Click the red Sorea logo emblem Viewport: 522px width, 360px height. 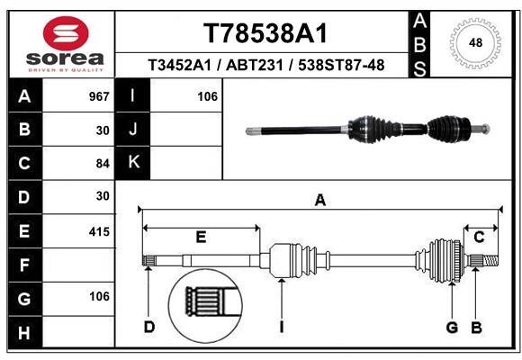tap(66, 33)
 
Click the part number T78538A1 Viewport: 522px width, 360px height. tap(265, 33)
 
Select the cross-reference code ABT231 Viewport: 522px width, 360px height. tap(255, 66)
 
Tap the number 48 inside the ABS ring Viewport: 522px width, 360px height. tap(475, 42)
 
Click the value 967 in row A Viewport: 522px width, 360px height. tap(99, 96)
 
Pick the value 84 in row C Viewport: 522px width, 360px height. tap(103, 164)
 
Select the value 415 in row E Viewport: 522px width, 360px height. tap(99, 231)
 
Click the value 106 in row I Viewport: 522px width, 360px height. tap(207, 96)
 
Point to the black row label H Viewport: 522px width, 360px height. tap(24, 332)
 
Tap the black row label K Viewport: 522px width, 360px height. tap(133, 163)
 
